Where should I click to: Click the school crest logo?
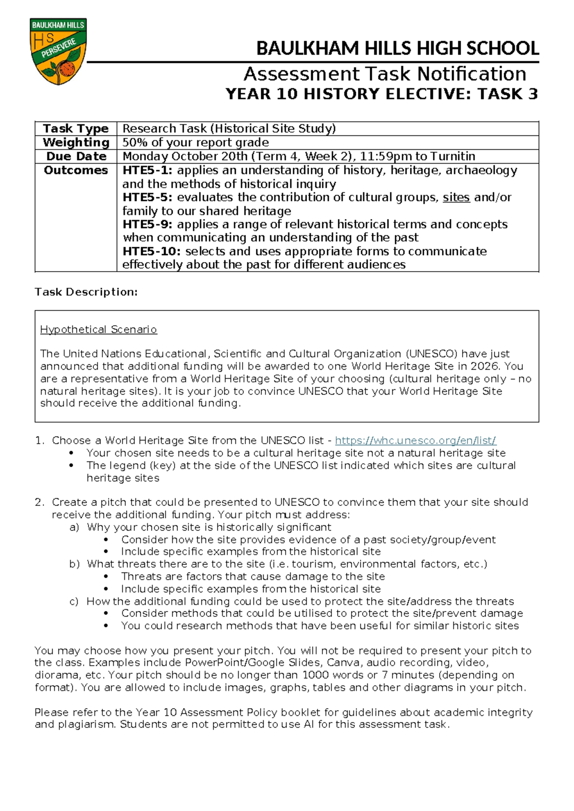[x=58, y=52]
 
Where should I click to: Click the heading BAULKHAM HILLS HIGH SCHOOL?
[x=397, y=49]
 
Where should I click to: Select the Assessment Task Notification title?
[x=385, y=74]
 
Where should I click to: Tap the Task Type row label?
[x=76, y=129]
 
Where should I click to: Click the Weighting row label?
[x=76, y=142]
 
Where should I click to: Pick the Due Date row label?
[x=76, y=156]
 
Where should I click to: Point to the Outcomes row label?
[x=76, y=170]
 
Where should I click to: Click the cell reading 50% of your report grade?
[x=196, y=142]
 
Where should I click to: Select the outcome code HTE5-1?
[x=147, y=170]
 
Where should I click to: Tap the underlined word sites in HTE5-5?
[x=456, y=197]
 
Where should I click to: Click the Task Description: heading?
[x=86, y=292]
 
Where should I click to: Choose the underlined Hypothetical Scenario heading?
[x=99, y=329]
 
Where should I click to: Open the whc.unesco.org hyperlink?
[x=415, y=440]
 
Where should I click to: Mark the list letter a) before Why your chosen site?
[x=74, y=527]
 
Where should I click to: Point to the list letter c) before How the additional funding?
[x=74, y=602]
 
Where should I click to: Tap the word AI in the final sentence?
[x=309, y=724]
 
